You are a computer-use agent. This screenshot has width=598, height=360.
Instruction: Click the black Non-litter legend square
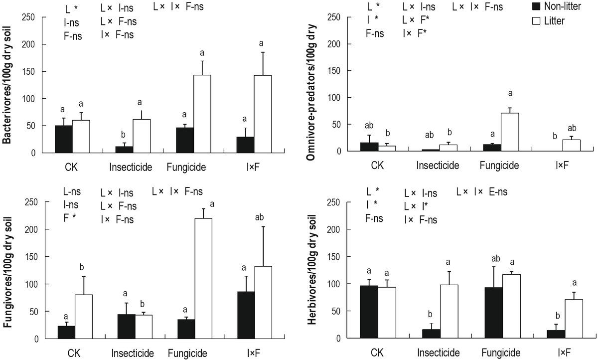[x=523, y=7]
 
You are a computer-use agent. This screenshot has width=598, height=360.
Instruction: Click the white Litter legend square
[x=523, y=21]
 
